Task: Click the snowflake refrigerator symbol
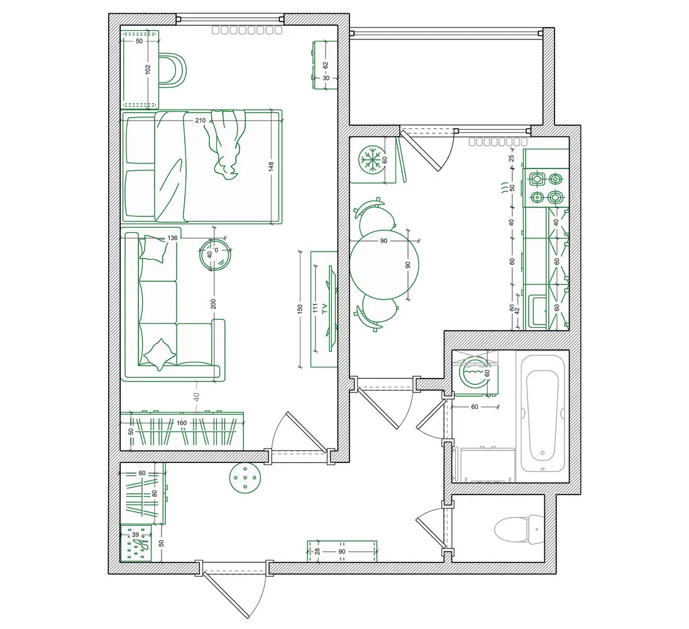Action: pyautogui.click(x=372, y=160)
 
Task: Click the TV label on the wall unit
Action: pyautogui.click(x=324, y=308)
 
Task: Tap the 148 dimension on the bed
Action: pyautogui.click(x=272, y=167)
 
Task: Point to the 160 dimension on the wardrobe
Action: pyautogui.click(x=182, y=423)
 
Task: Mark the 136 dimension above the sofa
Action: pyautogui.click(x=174, y=238)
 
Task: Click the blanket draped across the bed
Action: pyautogui.click(x=226, y=143)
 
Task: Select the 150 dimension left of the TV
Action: pyautogui.click(x=300, y=309)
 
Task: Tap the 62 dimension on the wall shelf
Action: pyautogui.click(x=326, y=65)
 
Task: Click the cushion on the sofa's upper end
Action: pyautogui.click(x=155, y=248)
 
